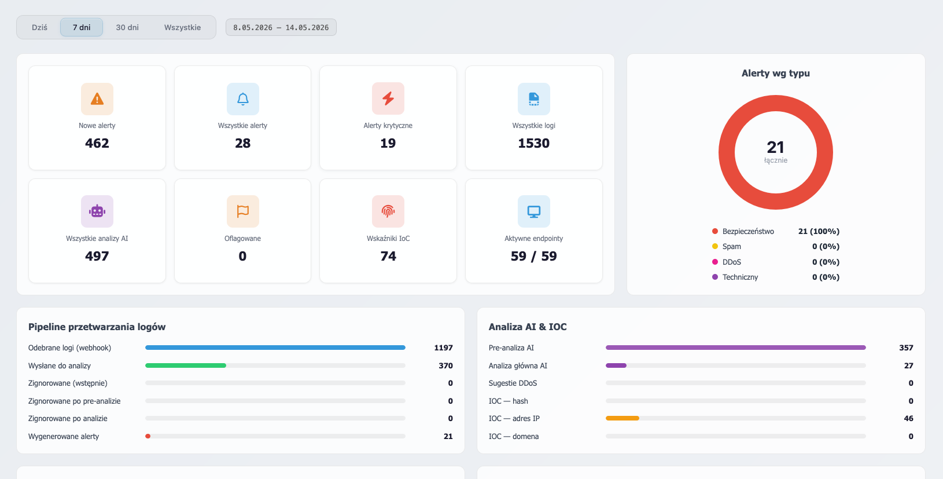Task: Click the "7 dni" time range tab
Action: [x=81, y=27]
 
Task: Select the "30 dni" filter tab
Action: [x=127, y=27]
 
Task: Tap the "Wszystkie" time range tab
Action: [x=182, y=27]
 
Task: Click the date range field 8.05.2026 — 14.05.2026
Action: [x=281, y=27]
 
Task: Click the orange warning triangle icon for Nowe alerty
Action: [x=97, y=99]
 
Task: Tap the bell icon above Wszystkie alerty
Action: [x=243, y=99]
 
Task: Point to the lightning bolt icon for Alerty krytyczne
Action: [x=388, y=98]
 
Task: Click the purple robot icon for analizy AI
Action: [x=97, y=211]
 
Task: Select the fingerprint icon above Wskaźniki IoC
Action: [x=388, y=211]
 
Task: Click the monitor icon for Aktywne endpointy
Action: [x=534, y=211]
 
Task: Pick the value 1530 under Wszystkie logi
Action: [x=534, y=144]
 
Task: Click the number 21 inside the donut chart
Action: [x=775, y=147]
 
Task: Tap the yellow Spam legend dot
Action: [x=715, y=246]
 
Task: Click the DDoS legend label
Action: [x=732, y=262]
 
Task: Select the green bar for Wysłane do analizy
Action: [x=186, y=365]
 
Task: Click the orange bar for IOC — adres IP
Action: [x=622, y=418]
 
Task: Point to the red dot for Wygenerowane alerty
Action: [x=148, y=436]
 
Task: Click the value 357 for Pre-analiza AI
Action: [x=906, y=348]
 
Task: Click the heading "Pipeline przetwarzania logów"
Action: [x=97, y=327]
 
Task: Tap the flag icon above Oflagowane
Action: [x=243, y=211]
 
